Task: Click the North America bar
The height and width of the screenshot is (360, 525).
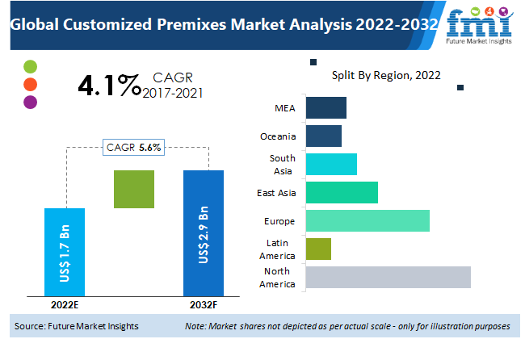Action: pyautogui.click(x=388, y=277)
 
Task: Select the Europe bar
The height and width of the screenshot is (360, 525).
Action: pyautogui.click(x=367, y=221)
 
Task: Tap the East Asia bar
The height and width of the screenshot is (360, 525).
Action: pyautogui.click(x=342, y=193)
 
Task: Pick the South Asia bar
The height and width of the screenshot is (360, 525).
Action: pyautogui.click(x=331, y=164)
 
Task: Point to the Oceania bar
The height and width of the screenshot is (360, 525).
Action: pyautogui.click(x=324, y=136)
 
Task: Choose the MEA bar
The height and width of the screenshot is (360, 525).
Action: pyautogui.click(x=326, y=107)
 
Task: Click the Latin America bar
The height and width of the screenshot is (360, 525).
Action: pyautogui.click(x=319, y=249)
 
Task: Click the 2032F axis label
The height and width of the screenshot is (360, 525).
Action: pyautogui.click(x=203, y=305)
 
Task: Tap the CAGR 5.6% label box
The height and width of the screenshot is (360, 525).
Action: pyautogui.click(x=134, y=147)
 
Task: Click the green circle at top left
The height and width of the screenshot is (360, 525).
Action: pyautogui.click(x=31, y=66)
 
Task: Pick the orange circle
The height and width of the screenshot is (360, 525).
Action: pyautogui.click(x=31, y=84)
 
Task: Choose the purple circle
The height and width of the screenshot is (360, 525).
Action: pyautogui.click(x=31, y=102)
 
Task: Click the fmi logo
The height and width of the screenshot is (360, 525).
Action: pyautogui.click(x=482, y=25)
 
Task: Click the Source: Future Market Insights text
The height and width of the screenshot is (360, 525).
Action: pyautogui.click(x=77, y=326)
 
